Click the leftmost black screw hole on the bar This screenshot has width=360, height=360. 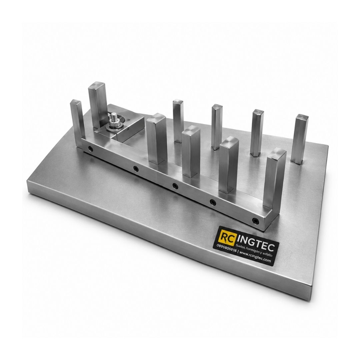coord(90,149)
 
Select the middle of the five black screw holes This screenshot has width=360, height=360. coord(175,185)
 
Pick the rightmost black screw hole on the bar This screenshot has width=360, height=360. coord(255,221)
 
